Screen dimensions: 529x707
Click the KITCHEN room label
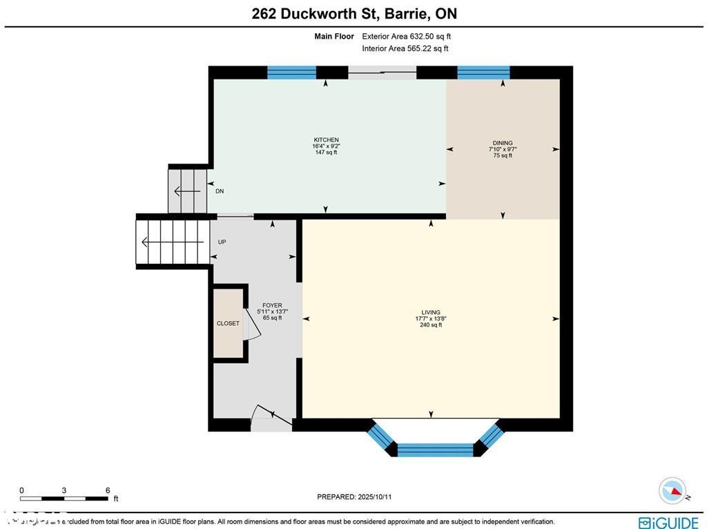[x=326, y=140]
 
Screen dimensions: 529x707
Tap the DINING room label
[x=502, y=144]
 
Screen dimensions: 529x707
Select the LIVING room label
[x=431, y=312]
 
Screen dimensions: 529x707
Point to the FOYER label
[x=272, y=305]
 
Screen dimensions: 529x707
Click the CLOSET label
[x=228, y=323]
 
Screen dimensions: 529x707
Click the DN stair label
[x=220, y=191]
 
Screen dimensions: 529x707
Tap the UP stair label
[x=222, y=242]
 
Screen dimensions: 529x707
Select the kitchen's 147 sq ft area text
[x=326, y=153]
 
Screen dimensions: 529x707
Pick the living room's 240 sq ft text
[x=431, y=325]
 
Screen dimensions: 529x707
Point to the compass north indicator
[x=672, y=490]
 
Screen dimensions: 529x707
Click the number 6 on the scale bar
[x=108, y=490]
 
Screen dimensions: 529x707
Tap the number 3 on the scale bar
[x=64, y=490]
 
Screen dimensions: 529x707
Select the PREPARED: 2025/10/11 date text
[x=354, y=497]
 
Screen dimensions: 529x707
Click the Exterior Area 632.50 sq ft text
[x=407, y=37]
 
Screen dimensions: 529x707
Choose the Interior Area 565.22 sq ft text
[x=405, y=48]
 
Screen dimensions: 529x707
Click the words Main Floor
[x=334, y=37]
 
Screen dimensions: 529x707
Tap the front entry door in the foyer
[x=271, y=416]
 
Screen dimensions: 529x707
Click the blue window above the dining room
[x=483, y=72]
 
